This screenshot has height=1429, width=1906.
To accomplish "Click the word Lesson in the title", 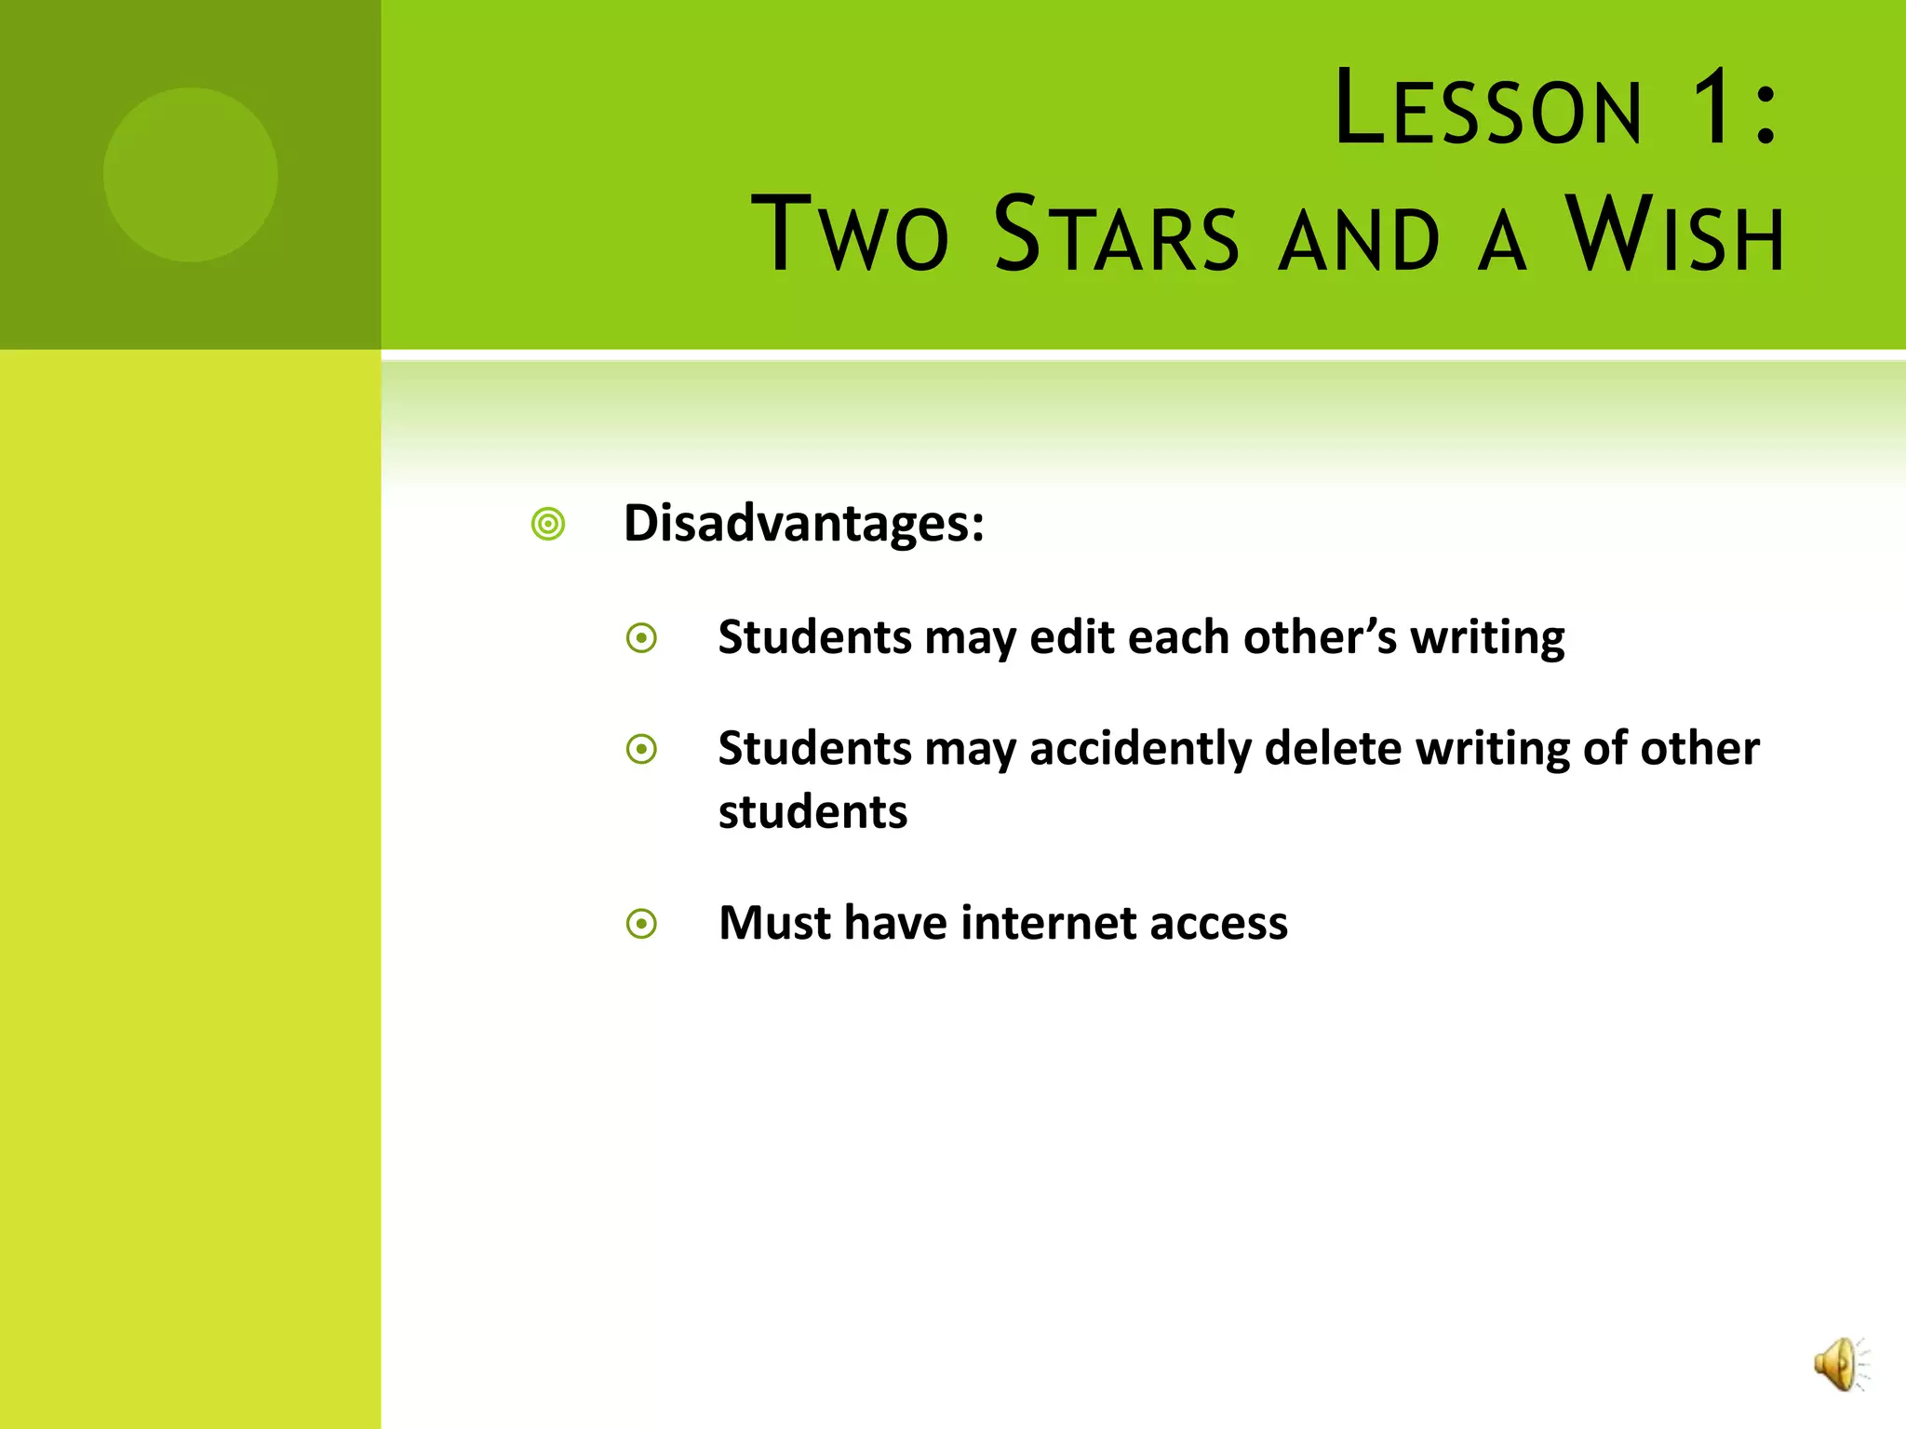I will click(x=1487, y=110).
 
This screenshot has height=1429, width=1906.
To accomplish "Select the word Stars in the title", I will click(x=1116, y=234).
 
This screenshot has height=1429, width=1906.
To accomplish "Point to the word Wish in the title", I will click(x=1675, y=234).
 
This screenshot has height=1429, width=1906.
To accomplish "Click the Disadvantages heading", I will click(x=803, y=523).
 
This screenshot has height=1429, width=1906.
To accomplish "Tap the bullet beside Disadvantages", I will click(x=548, y=525).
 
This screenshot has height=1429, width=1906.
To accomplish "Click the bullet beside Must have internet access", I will click(x=641, y=924).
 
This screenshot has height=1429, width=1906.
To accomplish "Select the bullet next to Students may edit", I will click(x=641, y=638).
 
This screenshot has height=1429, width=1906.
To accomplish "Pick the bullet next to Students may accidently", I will click(x=641, y=749).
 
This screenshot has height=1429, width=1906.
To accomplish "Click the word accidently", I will click(x=1140, y=750).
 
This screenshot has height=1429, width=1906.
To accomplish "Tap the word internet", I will click(x=1047, y=923).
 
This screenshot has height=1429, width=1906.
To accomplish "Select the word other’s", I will click(x=1319, y=638).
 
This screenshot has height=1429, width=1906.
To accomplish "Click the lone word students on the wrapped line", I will click(x=812, y=811).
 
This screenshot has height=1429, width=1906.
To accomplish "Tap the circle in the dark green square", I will click(x=190, y=174).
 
